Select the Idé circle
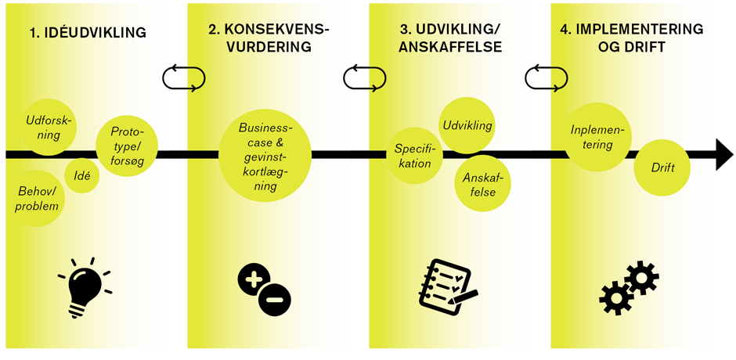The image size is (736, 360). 81,176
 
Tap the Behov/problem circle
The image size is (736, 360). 38,199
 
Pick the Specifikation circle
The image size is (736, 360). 413,156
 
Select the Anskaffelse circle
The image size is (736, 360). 483,184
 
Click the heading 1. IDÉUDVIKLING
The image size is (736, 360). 88,33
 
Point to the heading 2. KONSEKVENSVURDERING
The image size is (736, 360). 269,38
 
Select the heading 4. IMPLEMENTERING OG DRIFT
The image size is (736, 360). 631,38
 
